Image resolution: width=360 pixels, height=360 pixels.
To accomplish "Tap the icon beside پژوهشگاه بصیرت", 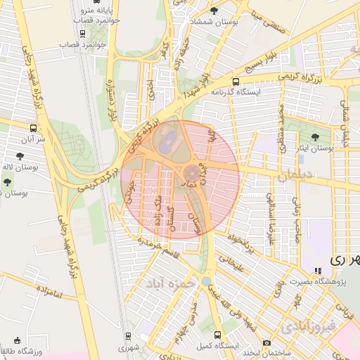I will tap(318, 270).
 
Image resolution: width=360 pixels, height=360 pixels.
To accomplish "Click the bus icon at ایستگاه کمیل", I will tap(217, 335).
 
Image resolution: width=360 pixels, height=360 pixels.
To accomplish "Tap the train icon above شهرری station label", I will tap(127, 336).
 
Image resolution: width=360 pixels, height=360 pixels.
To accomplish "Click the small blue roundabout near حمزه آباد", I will tap(205, 281).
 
